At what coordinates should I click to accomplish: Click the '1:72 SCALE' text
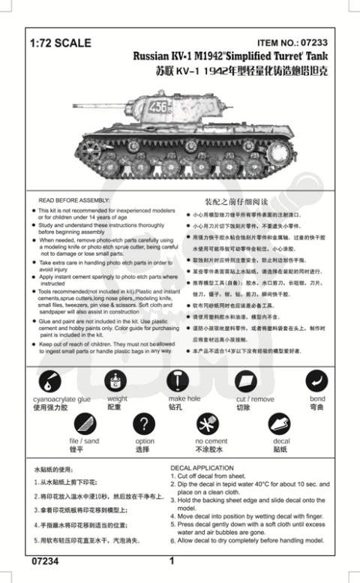click(x=60, y=44)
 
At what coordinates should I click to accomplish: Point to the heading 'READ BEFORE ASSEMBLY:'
click(x=73, y=202)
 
